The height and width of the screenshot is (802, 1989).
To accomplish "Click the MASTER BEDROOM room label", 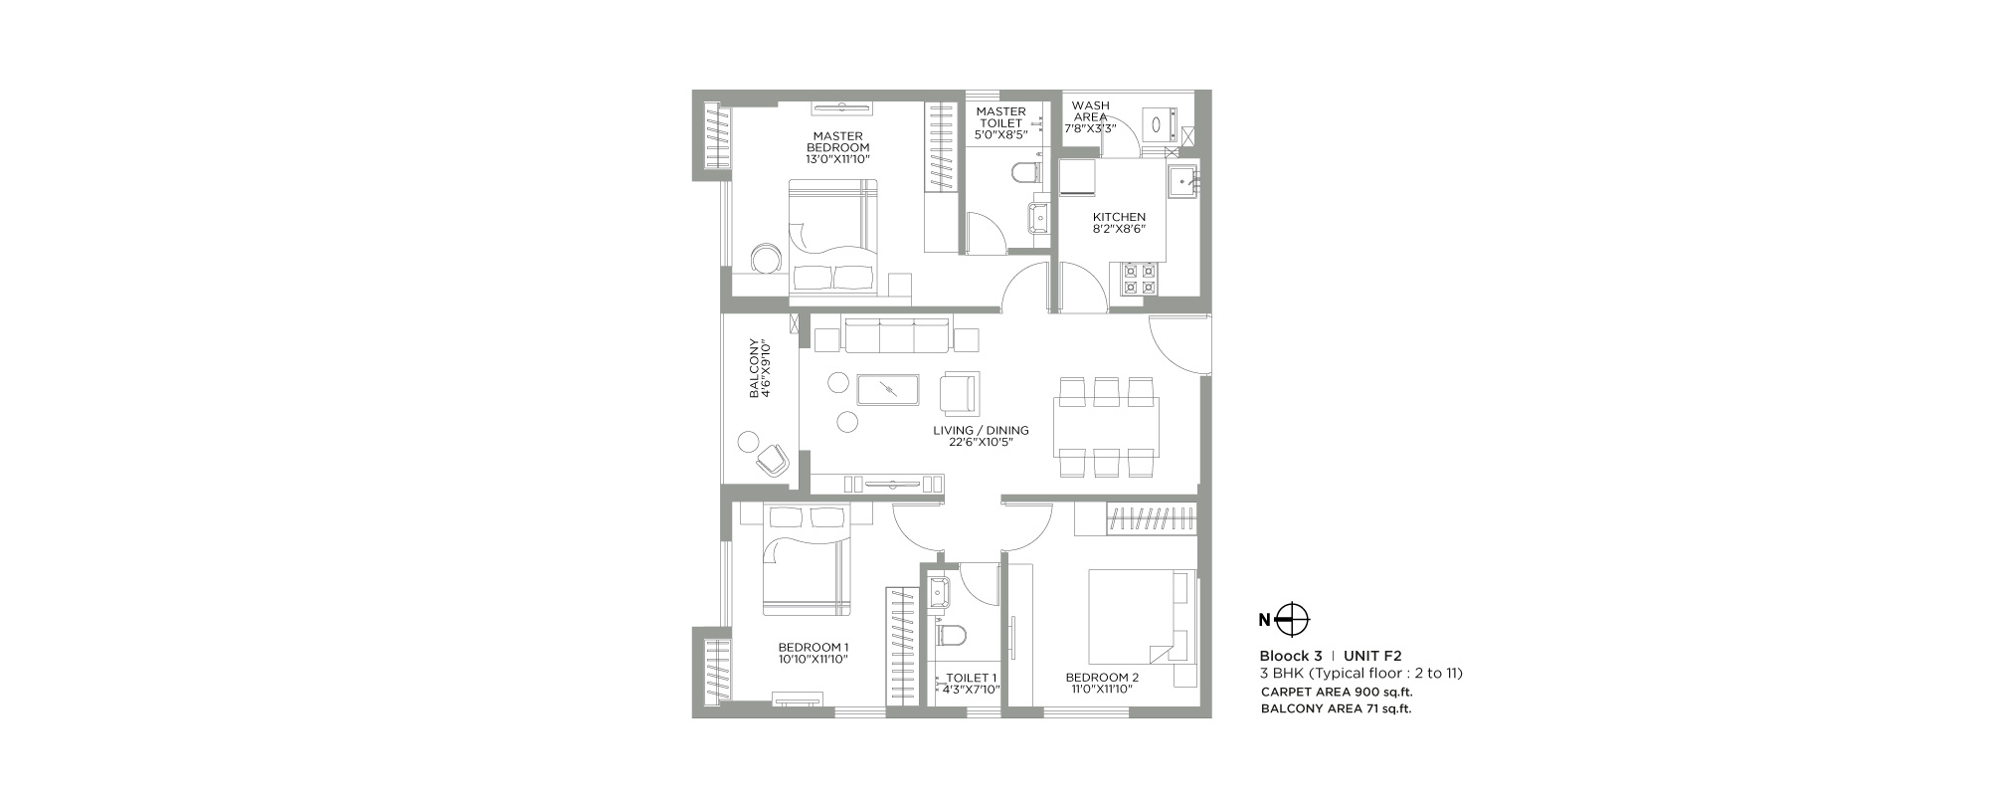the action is point(838,147).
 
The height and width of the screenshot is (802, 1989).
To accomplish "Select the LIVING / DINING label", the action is point(981,437).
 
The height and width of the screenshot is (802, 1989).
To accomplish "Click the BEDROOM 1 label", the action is point(813,653).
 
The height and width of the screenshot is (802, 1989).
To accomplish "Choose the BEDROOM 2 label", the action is point(1102,684).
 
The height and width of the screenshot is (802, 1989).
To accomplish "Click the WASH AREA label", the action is point(1091,116).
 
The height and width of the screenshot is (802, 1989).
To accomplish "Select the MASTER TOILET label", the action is point(1000,123).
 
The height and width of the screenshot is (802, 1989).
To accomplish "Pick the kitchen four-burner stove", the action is point(1140,280).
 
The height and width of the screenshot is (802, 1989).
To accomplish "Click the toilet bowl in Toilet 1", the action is point(951,635).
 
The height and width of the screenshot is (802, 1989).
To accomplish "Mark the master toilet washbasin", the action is point(1039,216).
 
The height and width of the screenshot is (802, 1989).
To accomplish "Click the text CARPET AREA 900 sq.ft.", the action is point(1337,692).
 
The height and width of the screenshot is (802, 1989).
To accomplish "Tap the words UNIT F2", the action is point(1372,656).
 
